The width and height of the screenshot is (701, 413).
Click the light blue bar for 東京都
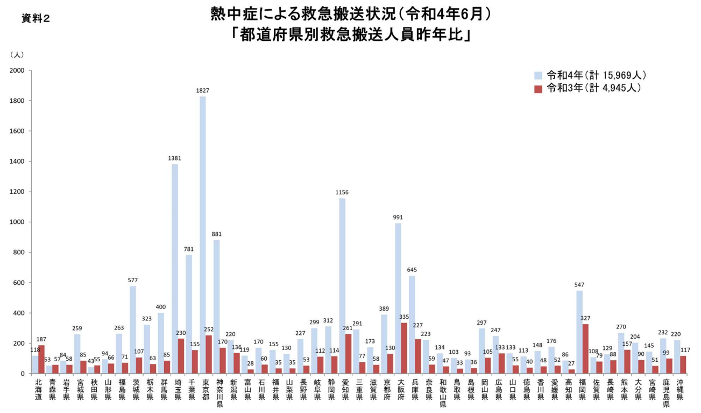click(202, 235)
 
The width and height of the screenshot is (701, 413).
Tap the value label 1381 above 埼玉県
click(174, 158)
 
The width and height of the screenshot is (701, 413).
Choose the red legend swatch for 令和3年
click(538, 88)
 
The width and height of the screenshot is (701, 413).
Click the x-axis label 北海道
click(38, 390)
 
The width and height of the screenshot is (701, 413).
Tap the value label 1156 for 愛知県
click(342, 192)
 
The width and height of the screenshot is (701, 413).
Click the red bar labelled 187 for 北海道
click(41, 359)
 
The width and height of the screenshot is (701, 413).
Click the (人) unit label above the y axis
click(17, 54)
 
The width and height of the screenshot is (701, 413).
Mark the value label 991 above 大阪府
click(398, 217)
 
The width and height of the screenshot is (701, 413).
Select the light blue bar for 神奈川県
click(216, 306)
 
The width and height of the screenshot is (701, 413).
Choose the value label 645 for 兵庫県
click(412, 270)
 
